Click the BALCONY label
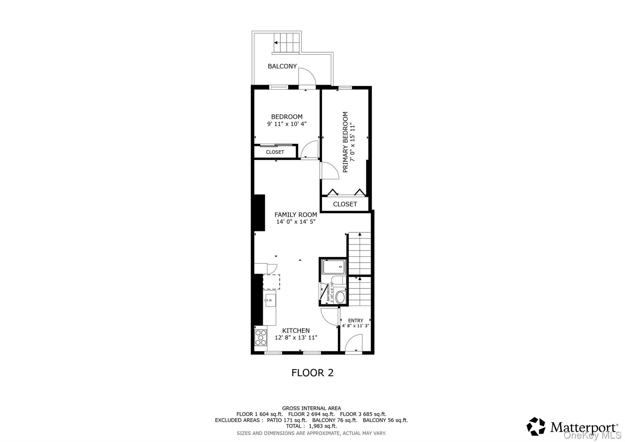tap(282, 66)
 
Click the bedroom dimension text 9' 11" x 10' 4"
tap(287, 124)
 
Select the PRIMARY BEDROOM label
tap(345, 142)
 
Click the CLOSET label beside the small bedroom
tap(275, 152)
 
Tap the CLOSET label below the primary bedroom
tap(345, 204)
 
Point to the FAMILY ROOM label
tap(295, 215)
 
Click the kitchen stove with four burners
tap(261, 338)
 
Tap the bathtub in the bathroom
tap(334, 267)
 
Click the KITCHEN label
tap(296, 331)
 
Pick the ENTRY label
tap(356, 320)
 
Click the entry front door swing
tap(354, 343)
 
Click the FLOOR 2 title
tap(312, 373)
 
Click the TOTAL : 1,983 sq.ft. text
tap(311, 426)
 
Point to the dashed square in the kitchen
tap(271, 282)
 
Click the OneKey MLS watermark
tap(592, 435)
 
